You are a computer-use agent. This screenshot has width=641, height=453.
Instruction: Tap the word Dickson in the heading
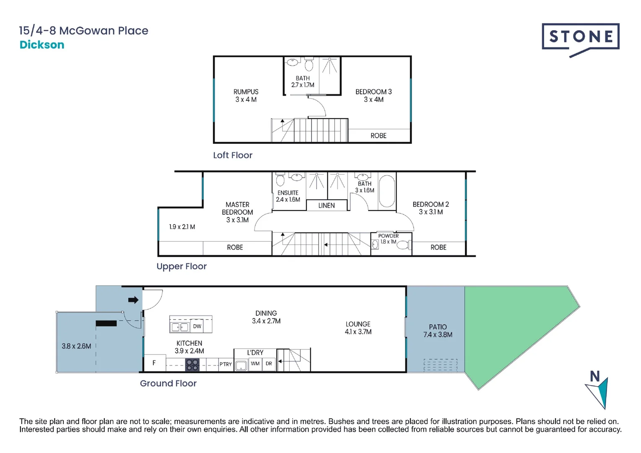pyautogui.click(x=42, y=45)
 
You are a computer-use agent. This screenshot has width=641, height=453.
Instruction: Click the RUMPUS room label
pyautogui.click(x=246, y=92)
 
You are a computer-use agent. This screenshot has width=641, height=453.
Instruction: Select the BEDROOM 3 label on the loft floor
pyautogui.click(x=374, y=92)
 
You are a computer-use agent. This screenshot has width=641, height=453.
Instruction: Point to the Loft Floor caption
pyautogui.click(x=233, y=155)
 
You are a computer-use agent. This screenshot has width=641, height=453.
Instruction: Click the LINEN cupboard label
pyautogui.click(x=327, y=206)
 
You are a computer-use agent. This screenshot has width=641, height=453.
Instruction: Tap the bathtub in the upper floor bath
pyautogui.click(x=387, y=191)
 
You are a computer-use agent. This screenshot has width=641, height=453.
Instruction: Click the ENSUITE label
pyautogui.click(x=288, y=193)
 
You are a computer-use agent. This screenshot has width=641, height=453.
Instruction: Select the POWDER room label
pyautogui.click(x=388, y=236)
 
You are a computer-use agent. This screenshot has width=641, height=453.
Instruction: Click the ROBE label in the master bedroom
pyautogui.click(x=235, y=247)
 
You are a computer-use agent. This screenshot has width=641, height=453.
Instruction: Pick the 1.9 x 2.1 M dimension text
pyautogui.click(x=182, y=227)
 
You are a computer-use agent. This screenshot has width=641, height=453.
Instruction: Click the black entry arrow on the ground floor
pyautogui.click(x=133, y=300)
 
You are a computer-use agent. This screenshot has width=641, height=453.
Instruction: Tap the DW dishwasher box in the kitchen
pyautogui.click(x=197, y=326)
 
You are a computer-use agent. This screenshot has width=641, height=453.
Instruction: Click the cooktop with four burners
pyautogui.click(x=192, y=365)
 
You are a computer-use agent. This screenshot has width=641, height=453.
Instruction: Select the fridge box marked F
pyautogui.click(x=155, y=363)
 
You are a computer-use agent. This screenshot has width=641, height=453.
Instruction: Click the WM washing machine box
pyautogui.click(x=255, y=364)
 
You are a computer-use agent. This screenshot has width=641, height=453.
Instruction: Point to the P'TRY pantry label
pyautogui.click(x=226, y=364)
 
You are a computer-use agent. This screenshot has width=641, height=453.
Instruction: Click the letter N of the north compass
pyautogui.click(x=595, y=376)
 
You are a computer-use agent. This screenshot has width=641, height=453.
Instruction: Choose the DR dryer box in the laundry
pyautogui.click(x=269, y=364)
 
